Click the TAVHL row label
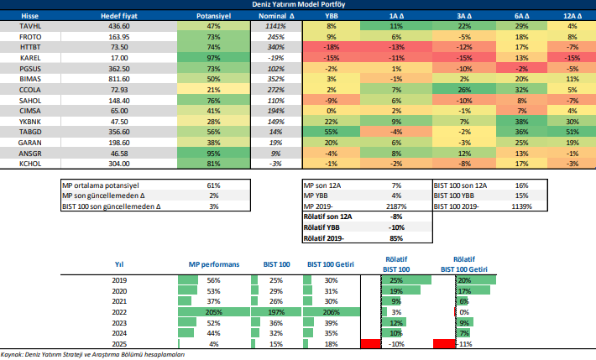pyautogui.click(x=18, y=27)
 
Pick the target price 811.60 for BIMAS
pyautogui.click(x=118, y=76)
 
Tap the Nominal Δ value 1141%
pyautogui.click(x=272, y=27)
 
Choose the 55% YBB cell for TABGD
pyautogui.click(x=331, y=132)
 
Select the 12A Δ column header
pyautogui.click(x=572, y=16)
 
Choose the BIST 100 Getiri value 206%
pyautogui.click(x=332, y=311)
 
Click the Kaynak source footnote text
pyautogui.click(x=92, y=355)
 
